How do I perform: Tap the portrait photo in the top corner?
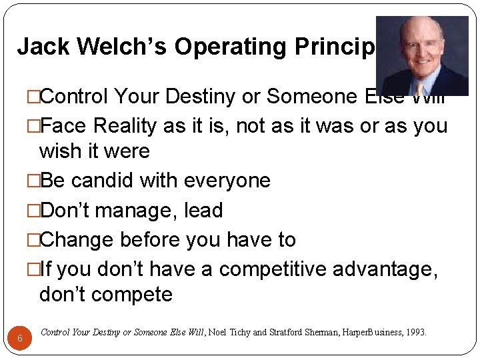tap(422, 56)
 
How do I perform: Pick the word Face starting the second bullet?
tap(65, 126)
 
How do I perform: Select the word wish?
tap(61, 151)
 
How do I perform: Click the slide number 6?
tap(20, 339)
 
